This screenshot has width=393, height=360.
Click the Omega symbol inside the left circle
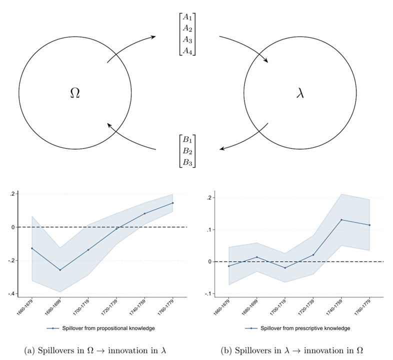click(75, 93)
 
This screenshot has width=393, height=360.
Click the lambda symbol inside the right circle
click(300, 93)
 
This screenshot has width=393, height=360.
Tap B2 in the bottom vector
click(188, 150)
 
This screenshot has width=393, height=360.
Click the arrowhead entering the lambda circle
click(265, 61)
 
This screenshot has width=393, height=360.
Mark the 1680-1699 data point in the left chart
click(60, 270)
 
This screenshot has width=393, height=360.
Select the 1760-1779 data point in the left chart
click(172, 203)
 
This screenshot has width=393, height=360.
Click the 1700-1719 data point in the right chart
click(285, 268)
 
